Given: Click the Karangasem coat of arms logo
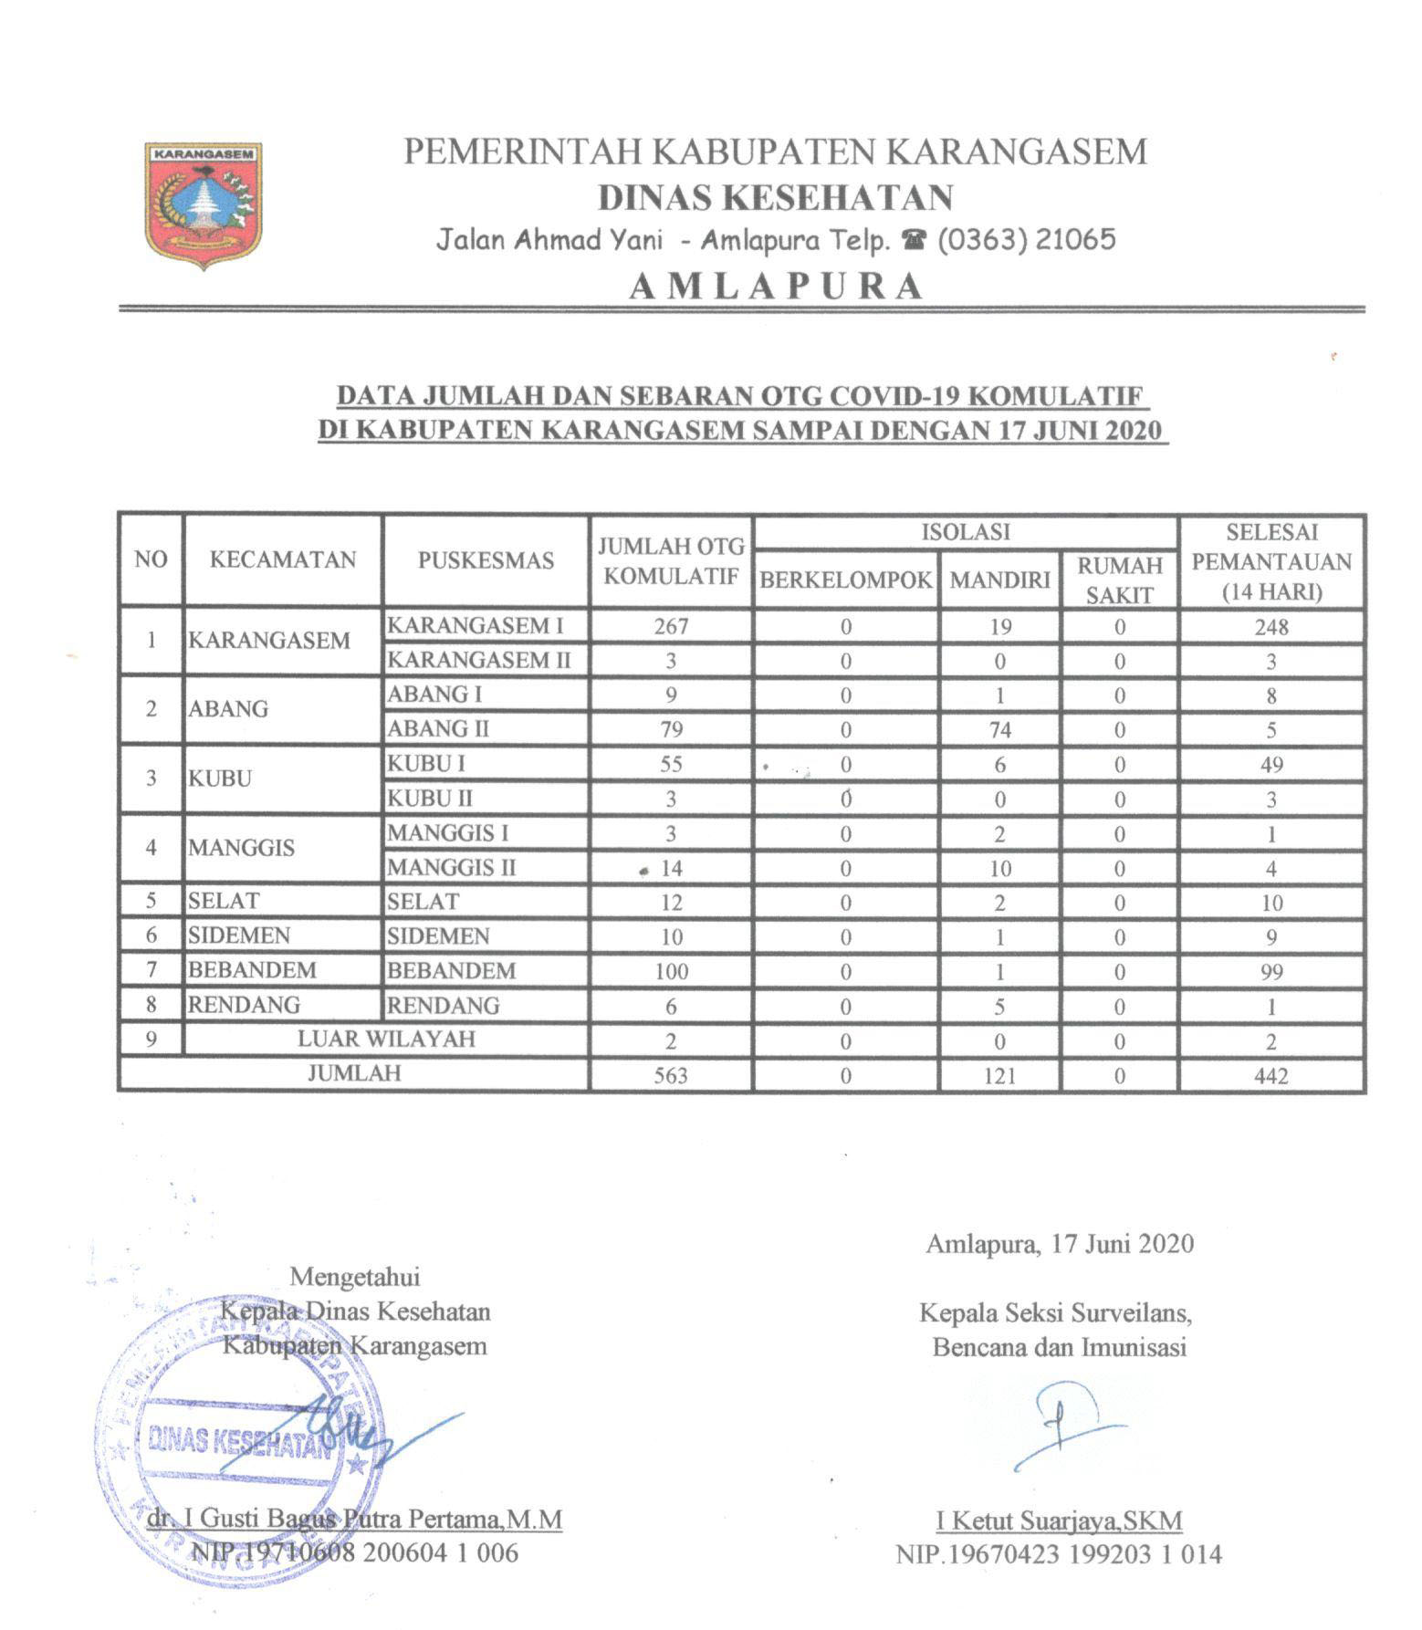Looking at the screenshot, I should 204,205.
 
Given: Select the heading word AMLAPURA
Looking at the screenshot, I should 775,287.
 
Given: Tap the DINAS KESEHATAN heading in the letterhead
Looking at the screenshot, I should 775,197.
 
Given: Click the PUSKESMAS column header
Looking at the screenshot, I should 486,559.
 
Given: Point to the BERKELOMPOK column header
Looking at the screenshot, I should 846,580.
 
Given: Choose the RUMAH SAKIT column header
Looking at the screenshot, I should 1119,580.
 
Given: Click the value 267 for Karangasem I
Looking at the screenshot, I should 671,626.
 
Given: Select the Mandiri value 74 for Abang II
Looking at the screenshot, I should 999,730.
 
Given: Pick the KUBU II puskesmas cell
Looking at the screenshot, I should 430,799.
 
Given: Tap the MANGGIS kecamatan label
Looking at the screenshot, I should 241,848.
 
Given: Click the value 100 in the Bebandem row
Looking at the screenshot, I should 671,971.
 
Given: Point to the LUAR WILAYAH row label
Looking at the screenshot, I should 386,1040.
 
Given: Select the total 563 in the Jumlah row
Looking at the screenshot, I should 671,1075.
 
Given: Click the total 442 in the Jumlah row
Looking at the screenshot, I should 1270,1075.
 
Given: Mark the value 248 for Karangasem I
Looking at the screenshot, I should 1270,627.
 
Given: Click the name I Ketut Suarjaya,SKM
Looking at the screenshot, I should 1059,1520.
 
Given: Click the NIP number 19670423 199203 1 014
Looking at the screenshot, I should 1059,1553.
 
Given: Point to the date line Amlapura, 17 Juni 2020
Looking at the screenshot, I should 1059,1243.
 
